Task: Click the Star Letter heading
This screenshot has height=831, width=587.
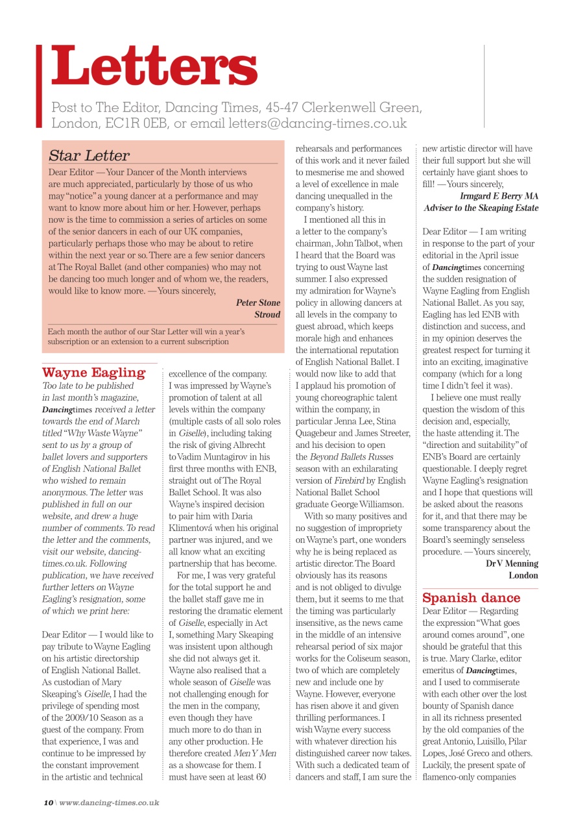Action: [x=89, y=155]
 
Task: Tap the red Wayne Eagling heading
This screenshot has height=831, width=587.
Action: [x=93, y=372]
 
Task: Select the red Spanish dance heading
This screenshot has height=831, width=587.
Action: [x=471, y=597]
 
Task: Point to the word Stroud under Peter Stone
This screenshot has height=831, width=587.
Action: [x=267, y=314]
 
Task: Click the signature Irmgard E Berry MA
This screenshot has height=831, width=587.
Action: [x=499, y=195]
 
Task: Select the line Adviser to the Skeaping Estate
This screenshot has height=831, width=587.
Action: [x=481, y=208]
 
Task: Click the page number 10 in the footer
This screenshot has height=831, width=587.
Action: [x=48, y=802]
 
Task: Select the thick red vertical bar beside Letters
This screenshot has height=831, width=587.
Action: [x=40, y=85]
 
